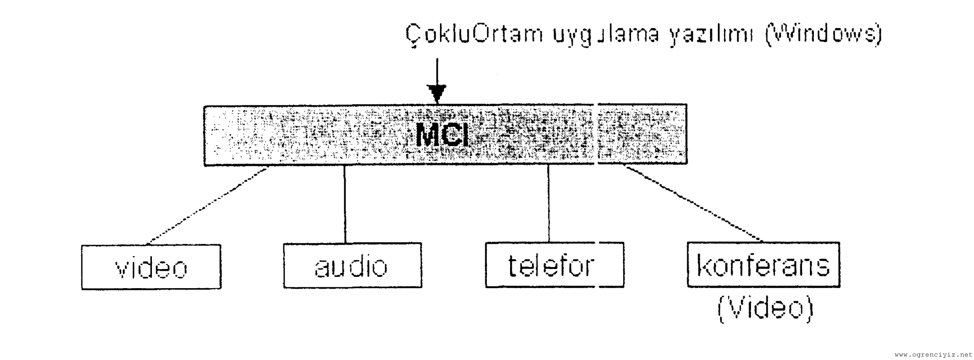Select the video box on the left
coord(151,267)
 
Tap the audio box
coord(352,266)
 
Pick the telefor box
coord(554,265)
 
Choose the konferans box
coord(763,265)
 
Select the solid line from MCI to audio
coord(345,204)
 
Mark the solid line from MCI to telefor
coord(548,204)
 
